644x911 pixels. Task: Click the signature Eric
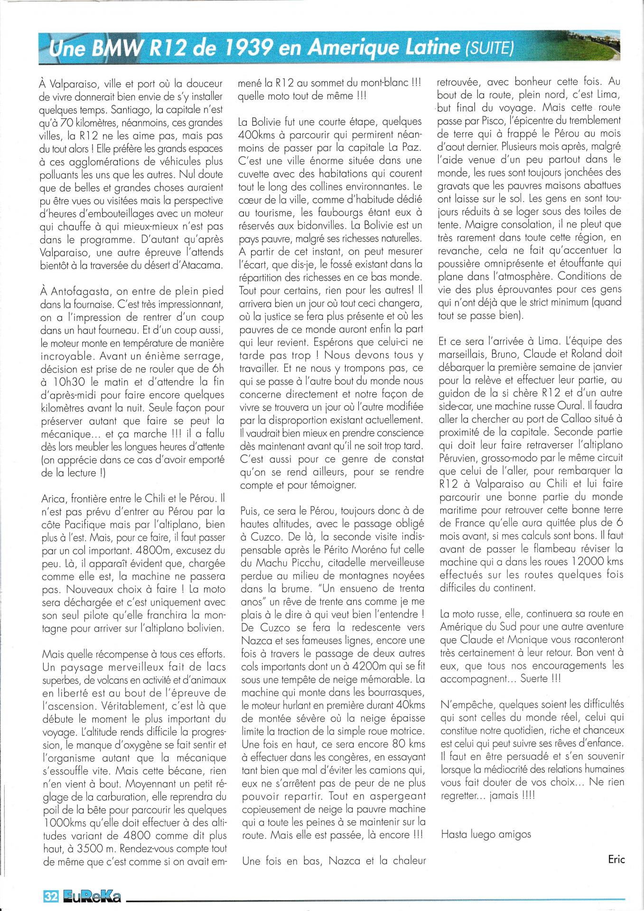[616, 859]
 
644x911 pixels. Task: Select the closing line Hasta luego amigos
[485, 834]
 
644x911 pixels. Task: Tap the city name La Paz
[408, 148]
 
